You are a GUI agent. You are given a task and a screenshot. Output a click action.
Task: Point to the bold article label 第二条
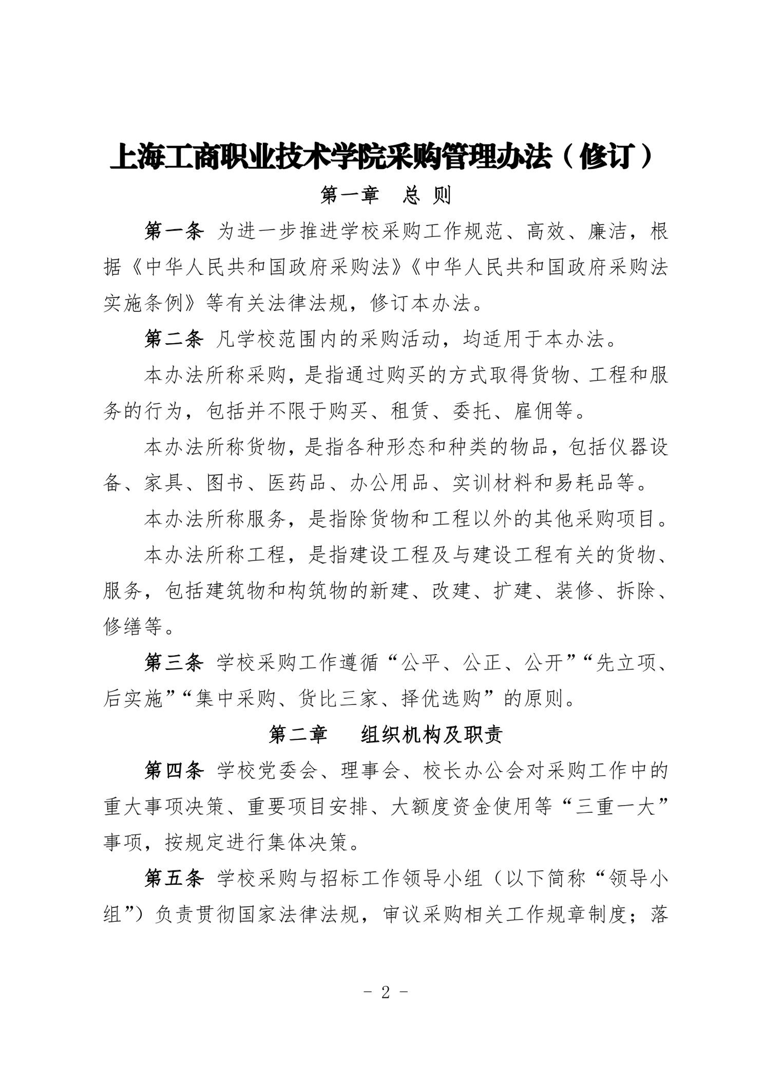click(x=174, y=339)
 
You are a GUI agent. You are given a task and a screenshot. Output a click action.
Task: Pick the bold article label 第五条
click(x=174, y=879)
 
